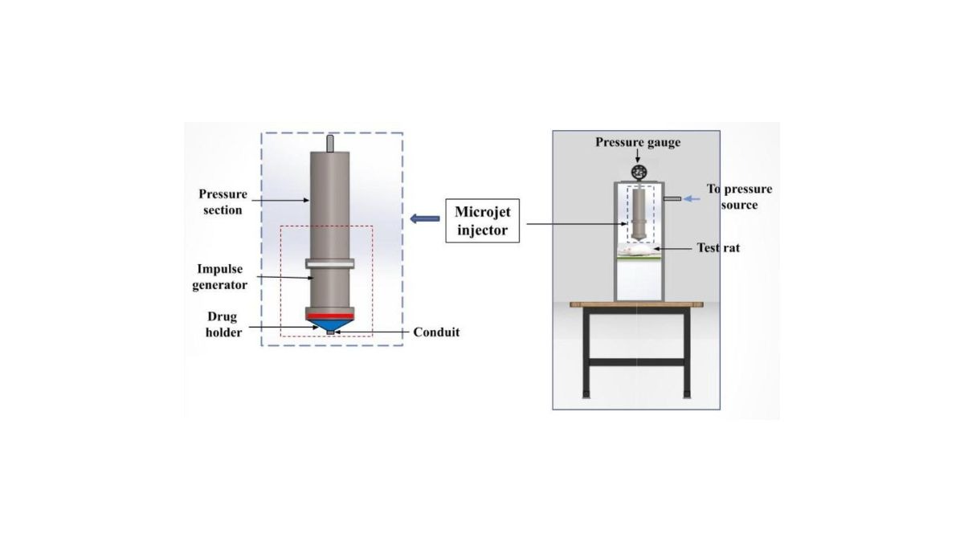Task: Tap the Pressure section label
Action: click(221, 202)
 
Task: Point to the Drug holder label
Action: click(223, 324)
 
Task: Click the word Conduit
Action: click(436, 332)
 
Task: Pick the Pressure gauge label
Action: click(637, 143)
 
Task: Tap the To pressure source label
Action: click(739, 197)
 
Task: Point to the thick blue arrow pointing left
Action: click(420, 218)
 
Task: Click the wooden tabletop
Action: click(636, 304)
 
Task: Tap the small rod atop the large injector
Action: click(330, 142)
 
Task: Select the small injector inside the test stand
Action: click(639, 213)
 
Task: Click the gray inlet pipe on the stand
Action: click(672, 198)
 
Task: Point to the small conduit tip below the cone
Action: click(330, 332)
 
